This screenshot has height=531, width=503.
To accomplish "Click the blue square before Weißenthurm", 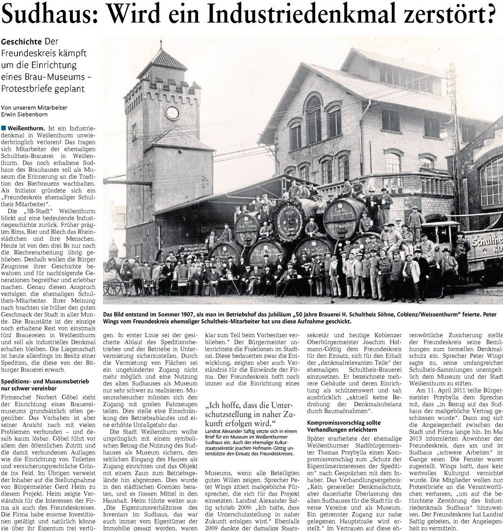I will [4, 128].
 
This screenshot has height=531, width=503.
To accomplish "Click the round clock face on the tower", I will [173, 113].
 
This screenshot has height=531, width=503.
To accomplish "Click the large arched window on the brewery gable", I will [313, 118].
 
